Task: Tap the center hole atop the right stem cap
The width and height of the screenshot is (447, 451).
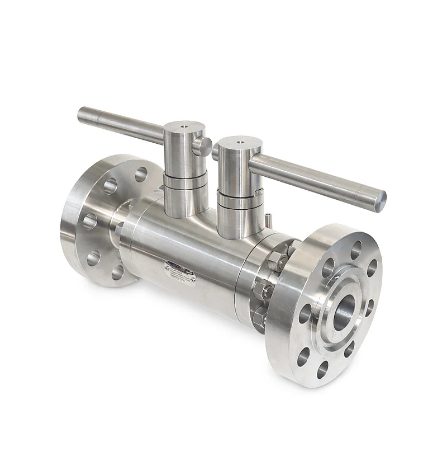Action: point(239,143)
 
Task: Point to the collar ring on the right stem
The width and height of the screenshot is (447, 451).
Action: point(237,200)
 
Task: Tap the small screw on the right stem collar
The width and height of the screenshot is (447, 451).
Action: point(259,193)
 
